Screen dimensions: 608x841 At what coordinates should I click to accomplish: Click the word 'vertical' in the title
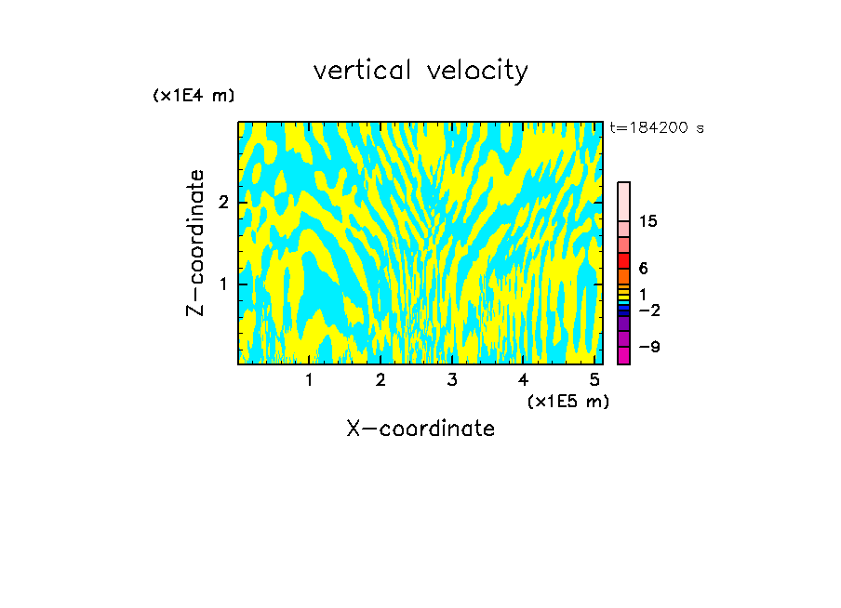[359, 71]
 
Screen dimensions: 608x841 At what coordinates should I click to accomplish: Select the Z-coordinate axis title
[195, 243]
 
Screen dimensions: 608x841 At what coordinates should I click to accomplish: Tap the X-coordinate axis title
[420, 429]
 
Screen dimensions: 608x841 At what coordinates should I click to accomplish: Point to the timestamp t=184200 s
[657, 128]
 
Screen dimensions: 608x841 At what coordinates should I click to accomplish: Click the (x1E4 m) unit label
[194, 96]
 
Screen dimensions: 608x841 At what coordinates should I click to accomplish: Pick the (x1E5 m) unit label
[567, 401]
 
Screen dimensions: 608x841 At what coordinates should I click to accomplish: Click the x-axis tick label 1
[309, 379]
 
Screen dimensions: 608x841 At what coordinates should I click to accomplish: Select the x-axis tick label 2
[380, 379]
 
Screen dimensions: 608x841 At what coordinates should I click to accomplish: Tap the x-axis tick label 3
[451, 379]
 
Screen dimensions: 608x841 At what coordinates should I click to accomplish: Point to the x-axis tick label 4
[523, 379]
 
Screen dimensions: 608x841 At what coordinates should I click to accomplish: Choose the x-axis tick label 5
[594, 379]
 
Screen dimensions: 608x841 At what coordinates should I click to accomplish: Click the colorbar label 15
[648, 221]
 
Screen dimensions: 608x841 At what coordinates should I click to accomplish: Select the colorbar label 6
[643, 269]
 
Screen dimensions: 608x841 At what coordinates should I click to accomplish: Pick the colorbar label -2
[649, 310]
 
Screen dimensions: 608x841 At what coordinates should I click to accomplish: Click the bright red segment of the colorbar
[623, 260]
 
